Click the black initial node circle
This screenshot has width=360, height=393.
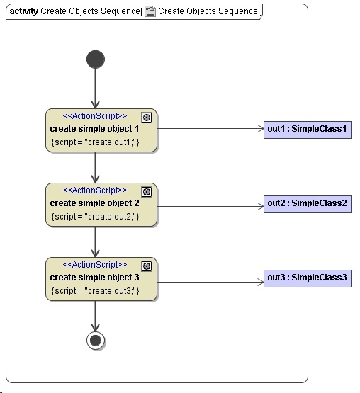(96, 59)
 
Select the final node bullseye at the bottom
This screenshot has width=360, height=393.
(96, 341)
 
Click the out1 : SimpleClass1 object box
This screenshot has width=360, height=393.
(308, 129)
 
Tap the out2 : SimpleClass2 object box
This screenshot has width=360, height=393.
(308, 204)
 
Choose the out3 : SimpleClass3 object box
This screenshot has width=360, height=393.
(308, 278)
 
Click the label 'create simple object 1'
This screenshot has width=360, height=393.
(95, 129)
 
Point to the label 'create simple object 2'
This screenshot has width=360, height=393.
(95, 203)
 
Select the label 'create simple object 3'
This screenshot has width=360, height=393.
(95, 278)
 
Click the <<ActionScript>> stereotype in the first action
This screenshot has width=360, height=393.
(95, 116)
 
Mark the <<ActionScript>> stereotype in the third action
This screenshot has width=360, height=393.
(95, 265)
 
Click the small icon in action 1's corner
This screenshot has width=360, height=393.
(147, 118)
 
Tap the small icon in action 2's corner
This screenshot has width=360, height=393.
(147, 192)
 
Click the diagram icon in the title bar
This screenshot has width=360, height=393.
(150, 11)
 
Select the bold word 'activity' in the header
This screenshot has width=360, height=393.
(23, 11)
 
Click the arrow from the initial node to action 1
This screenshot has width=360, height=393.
(96, 89)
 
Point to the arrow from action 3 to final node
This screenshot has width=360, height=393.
(96, 315)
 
